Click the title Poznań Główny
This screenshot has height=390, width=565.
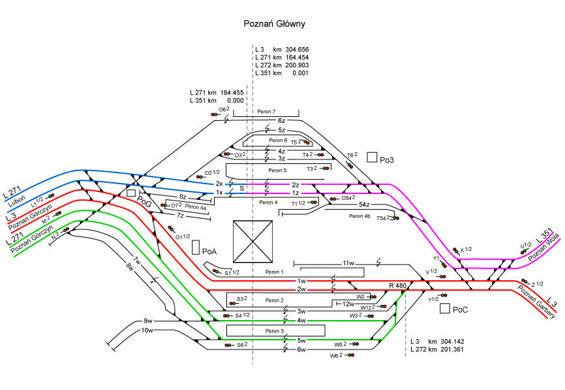pos(274,24)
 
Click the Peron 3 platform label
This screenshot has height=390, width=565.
pos(275,331)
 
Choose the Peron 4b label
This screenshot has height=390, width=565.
pos(359,216)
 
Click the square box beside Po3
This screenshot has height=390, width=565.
pos(372,157)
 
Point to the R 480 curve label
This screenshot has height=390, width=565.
pos(397,286)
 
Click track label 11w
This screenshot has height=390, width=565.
pos(348,263)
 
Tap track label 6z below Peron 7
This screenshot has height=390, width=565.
pos(281,121)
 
